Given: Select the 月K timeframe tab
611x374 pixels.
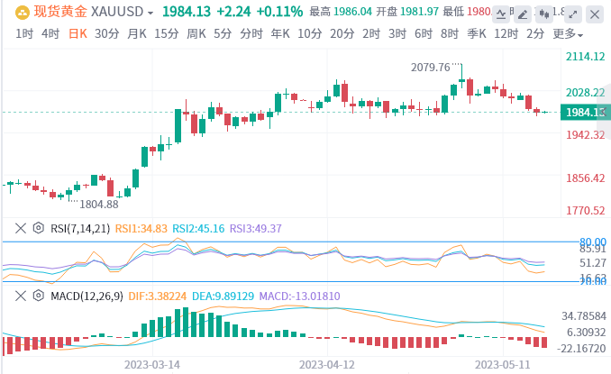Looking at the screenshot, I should coord(136,33).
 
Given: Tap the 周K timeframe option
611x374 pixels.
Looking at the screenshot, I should coord(196,33).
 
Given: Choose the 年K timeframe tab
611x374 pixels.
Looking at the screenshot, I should coord(279,33).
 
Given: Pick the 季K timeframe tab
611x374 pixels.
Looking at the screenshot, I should coord(477,33).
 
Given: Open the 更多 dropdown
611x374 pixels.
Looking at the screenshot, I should coord(567,33).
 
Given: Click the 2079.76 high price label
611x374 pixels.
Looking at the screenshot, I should coord(430,67).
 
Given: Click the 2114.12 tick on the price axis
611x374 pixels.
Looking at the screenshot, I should coord(584,56).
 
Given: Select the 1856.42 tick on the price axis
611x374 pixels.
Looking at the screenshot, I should coord(584,178).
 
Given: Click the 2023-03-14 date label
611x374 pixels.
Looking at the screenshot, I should coord(151,365).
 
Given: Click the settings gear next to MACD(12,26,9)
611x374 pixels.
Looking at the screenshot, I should coord(38,295).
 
